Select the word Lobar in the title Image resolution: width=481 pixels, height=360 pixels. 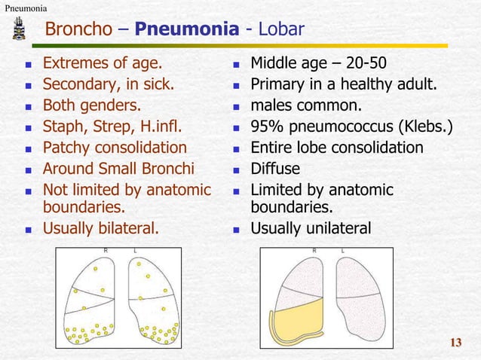[281, 29]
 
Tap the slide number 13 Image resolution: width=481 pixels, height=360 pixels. [455, 344]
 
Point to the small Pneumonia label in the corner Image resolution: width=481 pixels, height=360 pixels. [24, 8]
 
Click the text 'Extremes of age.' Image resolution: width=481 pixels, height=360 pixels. [103, 62]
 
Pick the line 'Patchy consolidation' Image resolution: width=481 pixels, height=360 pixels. [115, 147]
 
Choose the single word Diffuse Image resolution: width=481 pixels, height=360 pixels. [275, 169]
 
